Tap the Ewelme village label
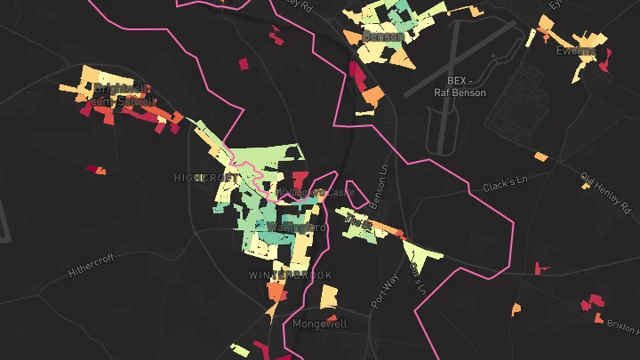pyautogui.click(x=574, y=51)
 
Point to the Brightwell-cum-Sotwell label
pyautogui.click(x=123, y=95)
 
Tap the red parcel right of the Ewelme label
pyautogui.click(x=607, y=60)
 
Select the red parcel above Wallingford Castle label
pyautogui.click(x=299, y=179)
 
